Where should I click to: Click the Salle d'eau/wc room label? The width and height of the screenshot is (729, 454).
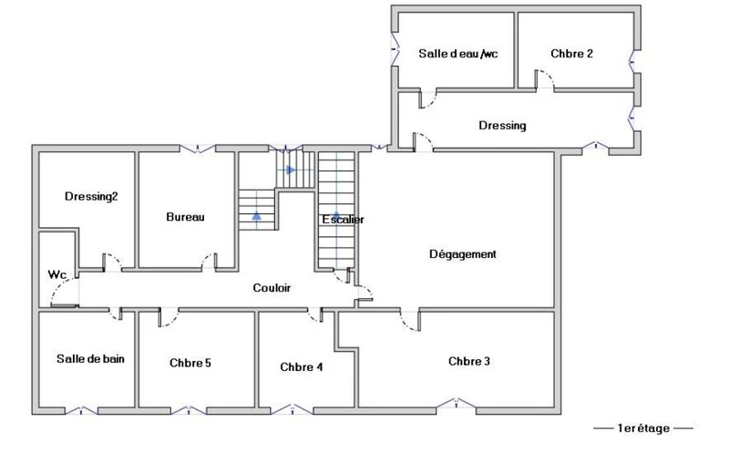click(x=458, y=54)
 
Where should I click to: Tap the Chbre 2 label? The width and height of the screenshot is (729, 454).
click(x=571, y=54)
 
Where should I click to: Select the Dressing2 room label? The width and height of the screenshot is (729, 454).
click(x=91, y=197)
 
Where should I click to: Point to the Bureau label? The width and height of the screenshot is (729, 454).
click(x=185, y=217)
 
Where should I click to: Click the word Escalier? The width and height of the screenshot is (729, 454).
click(x=344, y=220)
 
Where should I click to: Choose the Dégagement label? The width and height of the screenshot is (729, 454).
click(x=463, y=254)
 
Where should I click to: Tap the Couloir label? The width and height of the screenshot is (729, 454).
click(x=272, y=288)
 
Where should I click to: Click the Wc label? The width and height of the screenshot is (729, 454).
click(x=57, y=275)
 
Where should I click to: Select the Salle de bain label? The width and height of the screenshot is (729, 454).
click(x=90, y=358)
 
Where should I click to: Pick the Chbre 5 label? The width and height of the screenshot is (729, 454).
click(x=190, y=363)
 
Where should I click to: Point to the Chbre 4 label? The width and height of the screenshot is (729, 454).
click(x=302, y=367)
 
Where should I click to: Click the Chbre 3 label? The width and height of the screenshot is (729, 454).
click(x=469, y=361)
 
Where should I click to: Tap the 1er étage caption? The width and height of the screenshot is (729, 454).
click(x=643, y=428)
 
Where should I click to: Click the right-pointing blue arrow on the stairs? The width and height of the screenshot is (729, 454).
click(x=290, y=170)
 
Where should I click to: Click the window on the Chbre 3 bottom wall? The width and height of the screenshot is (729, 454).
click(x=457, y=403)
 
